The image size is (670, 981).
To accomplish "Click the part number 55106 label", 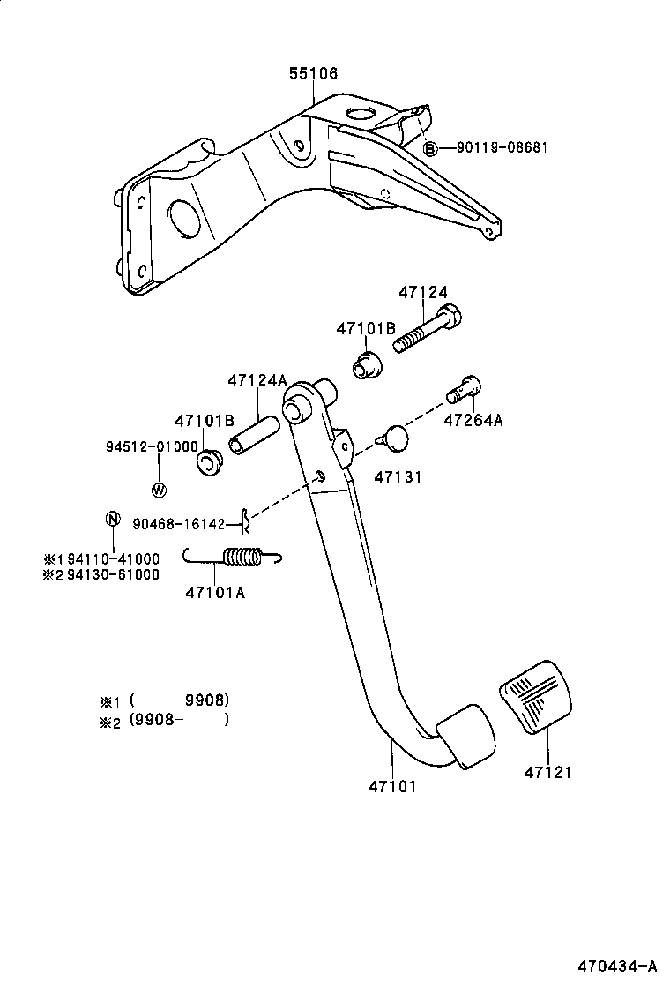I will coord(313,75).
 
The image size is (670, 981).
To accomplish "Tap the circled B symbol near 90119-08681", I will coord(430,148).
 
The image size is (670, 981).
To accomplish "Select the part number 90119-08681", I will coord(502,148).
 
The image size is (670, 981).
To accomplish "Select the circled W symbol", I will coord(160,490).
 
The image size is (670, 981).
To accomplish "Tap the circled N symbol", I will coord(113,519).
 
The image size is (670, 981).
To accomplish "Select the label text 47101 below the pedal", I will coord(391,785).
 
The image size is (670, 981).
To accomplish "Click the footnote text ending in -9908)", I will coord(179,700).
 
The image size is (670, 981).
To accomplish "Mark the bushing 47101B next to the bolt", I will coord(367,363).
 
